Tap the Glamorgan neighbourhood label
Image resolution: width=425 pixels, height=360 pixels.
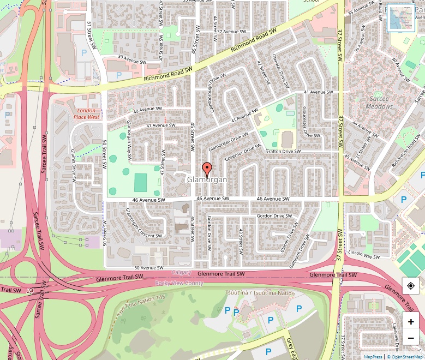point(207,179)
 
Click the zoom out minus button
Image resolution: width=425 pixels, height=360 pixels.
point(411,338)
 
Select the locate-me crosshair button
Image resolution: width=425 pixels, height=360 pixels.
point(411,286)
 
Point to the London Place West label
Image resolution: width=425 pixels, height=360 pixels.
point(86,113)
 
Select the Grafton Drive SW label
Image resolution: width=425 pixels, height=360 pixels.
point(283,151)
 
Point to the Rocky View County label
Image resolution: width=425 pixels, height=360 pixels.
point(179,283)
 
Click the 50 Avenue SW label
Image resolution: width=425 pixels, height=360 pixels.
point(149,268)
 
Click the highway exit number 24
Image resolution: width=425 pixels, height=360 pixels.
point(29,291)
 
